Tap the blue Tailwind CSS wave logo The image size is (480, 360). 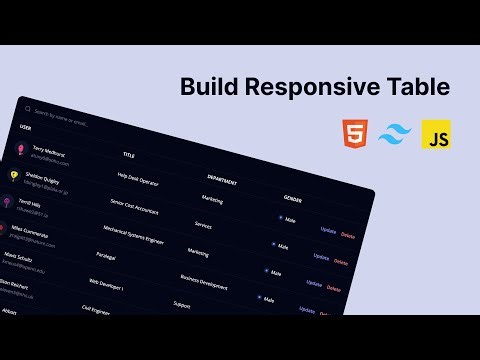point(393,134)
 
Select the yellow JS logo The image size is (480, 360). point(436,133)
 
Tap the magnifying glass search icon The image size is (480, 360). point(25,110)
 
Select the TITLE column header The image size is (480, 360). point(129,155)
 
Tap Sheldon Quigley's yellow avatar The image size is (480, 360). point(14,175)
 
